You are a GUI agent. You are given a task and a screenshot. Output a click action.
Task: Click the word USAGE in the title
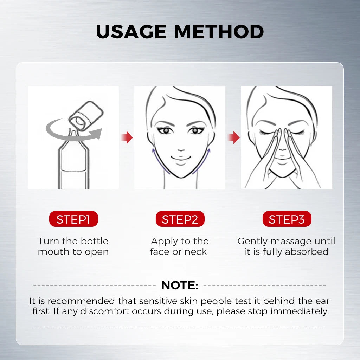coord(131,31)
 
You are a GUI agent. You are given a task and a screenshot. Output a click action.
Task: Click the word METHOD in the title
coord(219,31)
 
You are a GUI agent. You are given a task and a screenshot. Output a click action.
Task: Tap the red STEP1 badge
coord(73,219)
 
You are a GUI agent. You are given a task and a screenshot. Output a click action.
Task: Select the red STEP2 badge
coord(180,219)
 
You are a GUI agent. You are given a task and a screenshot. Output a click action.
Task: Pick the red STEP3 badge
coord(287,219)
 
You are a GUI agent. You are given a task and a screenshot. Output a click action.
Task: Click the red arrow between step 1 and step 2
coord(127,137)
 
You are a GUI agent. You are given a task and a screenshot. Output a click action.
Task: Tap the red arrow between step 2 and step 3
coord(234,137)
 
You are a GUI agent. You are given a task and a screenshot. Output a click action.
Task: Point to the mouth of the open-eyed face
coord(181,158)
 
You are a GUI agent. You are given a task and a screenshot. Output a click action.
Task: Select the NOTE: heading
coord(180,285)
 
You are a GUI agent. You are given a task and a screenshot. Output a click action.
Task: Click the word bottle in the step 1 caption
coord(94,241)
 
